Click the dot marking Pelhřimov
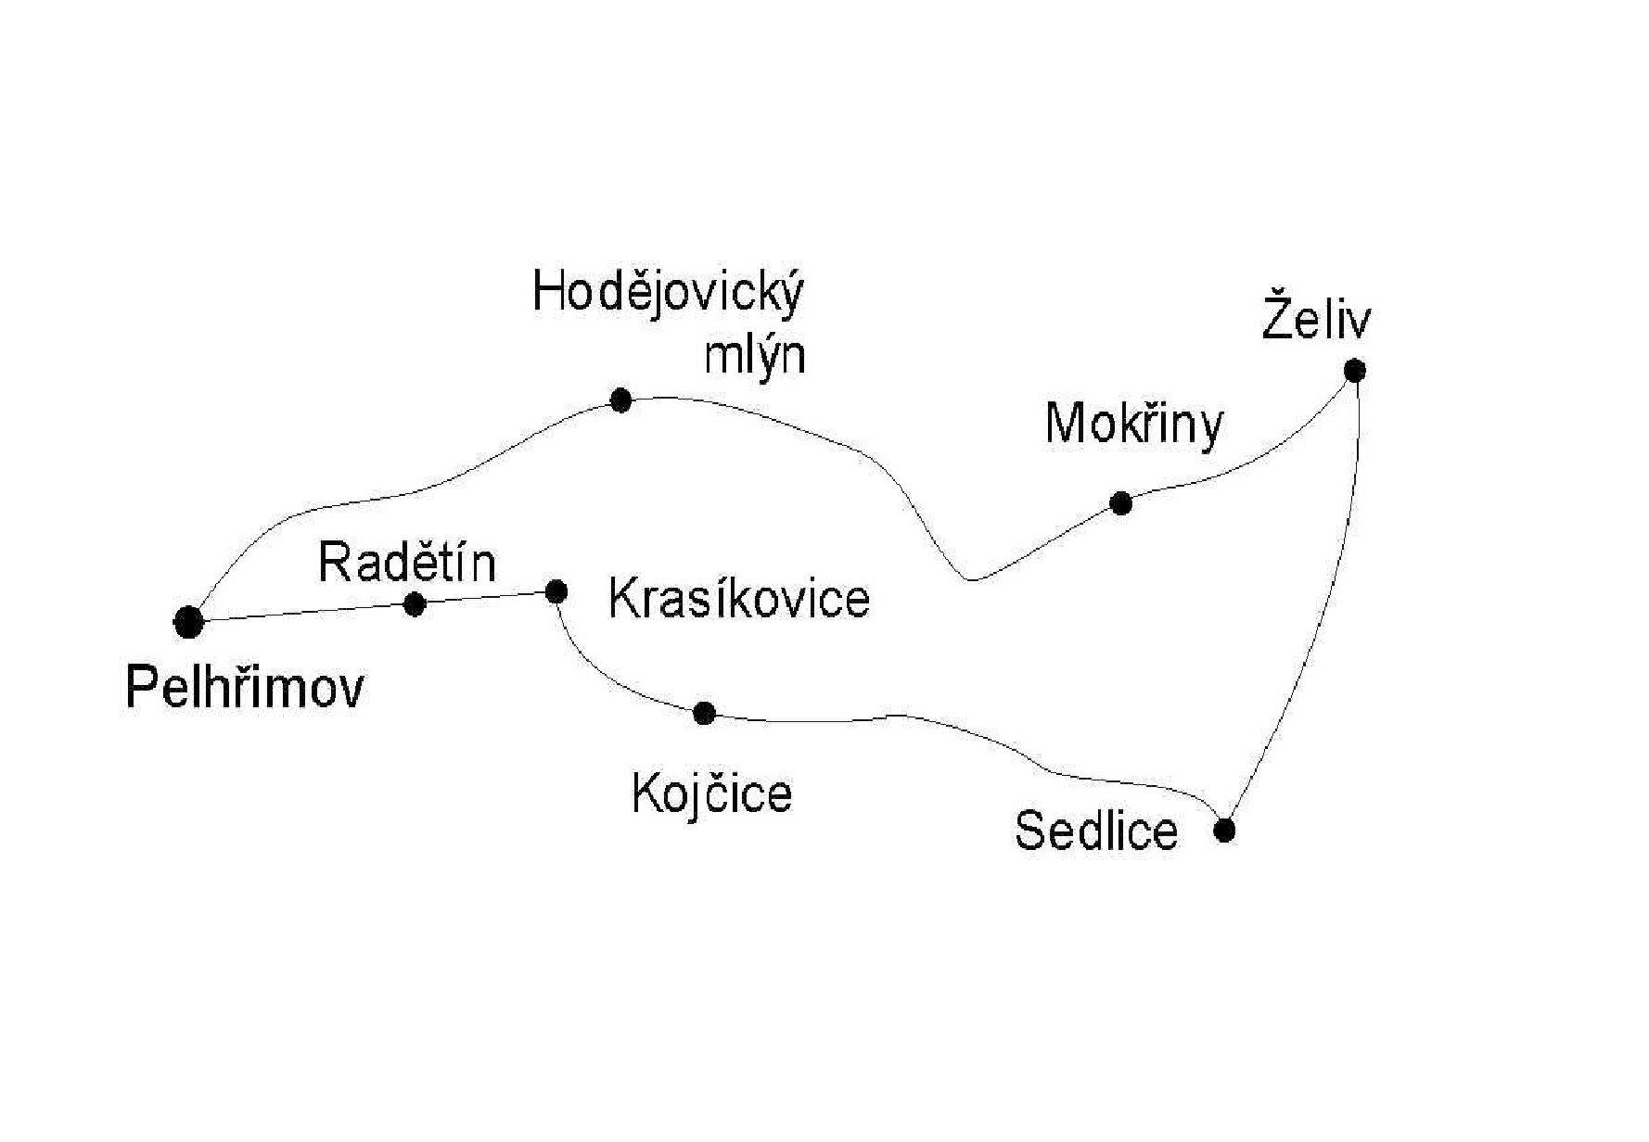(188, 622)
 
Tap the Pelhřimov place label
(245, 688)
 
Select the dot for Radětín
(415, 604)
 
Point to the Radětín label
(407, 562)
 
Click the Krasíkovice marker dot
(556, 591)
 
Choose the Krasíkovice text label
(739, 598)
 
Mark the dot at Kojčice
(704, 713)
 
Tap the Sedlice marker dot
(1224, 830)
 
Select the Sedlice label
(1096, 830)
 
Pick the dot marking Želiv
(1355, 371)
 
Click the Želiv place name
(1316, 316)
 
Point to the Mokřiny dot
(1121, 503)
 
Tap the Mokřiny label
(1134, 425)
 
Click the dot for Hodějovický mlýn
(621, 400)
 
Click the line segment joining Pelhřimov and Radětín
(301, 613)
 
